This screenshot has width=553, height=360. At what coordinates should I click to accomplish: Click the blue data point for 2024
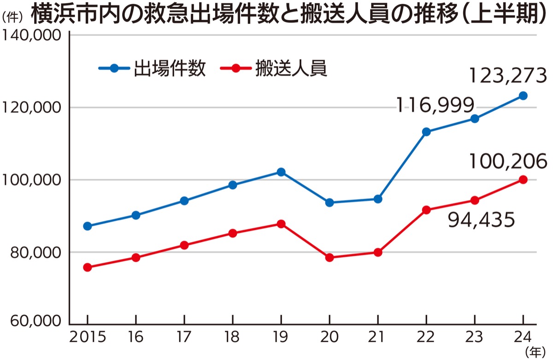click(x=523, y=96)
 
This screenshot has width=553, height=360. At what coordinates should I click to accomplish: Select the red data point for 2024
click(x=523, y=180)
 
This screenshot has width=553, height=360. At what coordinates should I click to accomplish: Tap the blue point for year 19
click(x=281, y=172)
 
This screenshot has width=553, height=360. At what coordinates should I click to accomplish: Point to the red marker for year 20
click(x=329, y=258)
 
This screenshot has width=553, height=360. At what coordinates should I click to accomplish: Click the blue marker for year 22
click(x=426, y=132)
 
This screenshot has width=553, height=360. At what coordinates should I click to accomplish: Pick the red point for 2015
click(x=88, y=267)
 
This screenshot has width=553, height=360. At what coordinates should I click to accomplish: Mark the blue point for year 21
click(x=378, y=199)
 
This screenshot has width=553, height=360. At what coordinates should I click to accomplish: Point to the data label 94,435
click(x=481, y=221)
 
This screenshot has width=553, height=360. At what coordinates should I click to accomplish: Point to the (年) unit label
click(x=534, y=352)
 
